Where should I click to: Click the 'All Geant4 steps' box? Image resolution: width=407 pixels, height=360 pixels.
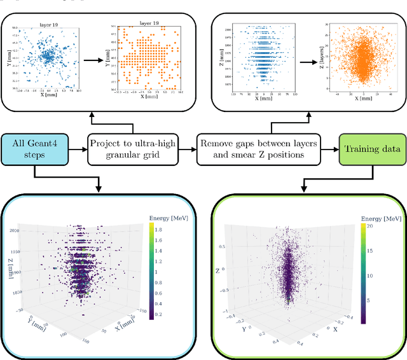coord(35,149)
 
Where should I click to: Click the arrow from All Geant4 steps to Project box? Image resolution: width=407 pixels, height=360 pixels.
coord(77,149)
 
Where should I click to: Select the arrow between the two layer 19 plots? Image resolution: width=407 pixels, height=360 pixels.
coord(94,62)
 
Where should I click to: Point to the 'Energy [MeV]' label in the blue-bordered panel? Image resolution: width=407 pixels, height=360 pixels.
coord(168,218)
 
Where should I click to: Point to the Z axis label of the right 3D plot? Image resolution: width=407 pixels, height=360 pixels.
coord(217,271)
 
